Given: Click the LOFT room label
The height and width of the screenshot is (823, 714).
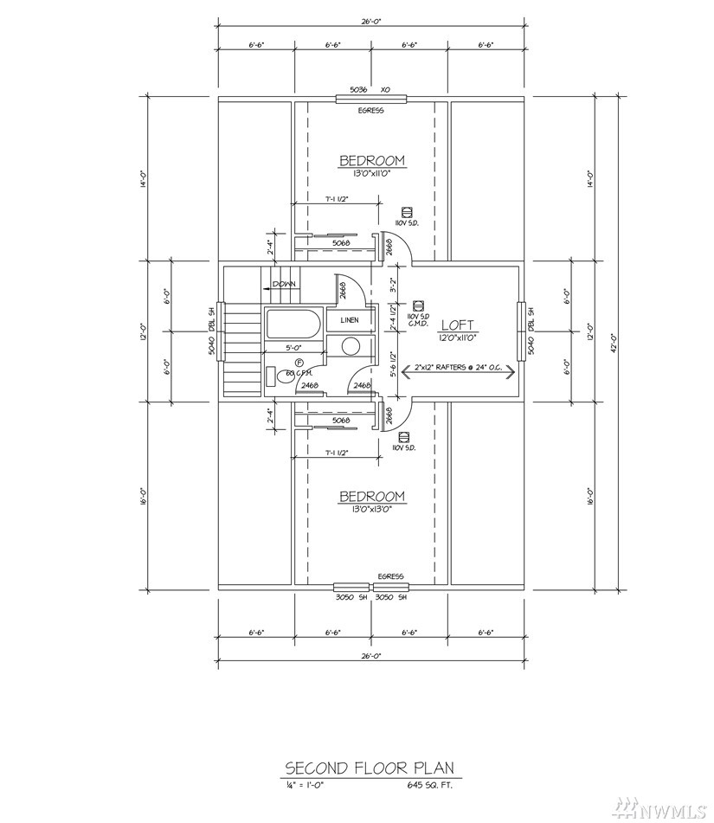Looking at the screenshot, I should click(x=456, y=325).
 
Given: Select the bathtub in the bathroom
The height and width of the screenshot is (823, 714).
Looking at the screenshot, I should click(x=293, y=325).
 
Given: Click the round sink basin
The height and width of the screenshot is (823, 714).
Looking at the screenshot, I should click(x=351, y=347).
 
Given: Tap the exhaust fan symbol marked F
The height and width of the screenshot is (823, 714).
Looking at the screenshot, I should click(x=299, y=362).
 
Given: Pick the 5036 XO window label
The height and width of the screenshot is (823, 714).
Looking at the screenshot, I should click(x=371, y=89).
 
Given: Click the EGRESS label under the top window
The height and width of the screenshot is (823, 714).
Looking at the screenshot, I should click(x=371, y=111).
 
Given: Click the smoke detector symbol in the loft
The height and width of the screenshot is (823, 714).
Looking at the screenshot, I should click(x=418, y=305).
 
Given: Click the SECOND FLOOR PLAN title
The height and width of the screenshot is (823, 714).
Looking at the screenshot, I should click(x=369, y=768).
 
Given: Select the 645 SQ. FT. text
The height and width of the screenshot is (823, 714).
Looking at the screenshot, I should click(x=428, y=786).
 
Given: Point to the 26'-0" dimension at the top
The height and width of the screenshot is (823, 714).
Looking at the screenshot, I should click(x=371, y=24).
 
